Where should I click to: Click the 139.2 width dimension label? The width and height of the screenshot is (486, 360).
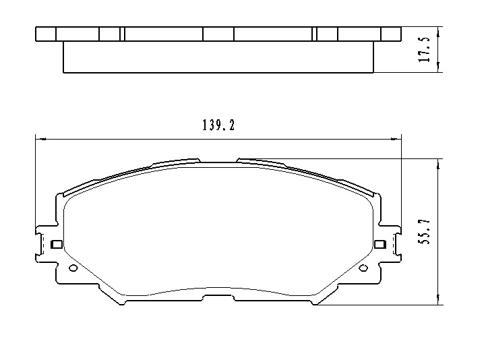[x=218, y=125]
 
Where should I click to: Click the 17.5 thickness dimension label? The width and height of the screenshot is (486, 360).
[x=425, y=50]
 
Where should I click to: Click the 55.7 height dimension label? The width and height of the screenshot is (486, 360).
[x=425, y=231]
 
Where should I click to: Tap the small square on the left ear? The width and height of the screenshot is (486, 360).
[x=56, y=244]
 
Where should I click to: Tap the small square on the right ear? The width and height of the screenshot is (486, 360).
[x=380, y=244]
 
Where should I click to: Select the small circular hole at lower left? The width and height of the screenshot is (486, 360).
[x=73, y=268]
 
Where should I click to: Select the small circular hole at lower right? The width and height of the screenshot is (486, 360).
[x=363, y=268]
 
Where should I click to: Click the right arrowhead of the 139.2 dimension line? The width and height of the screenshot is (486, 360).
[x=396, y=139]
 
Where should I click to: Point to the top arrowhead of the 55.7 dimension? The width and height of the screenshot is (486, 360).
[x=438, y=164]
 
